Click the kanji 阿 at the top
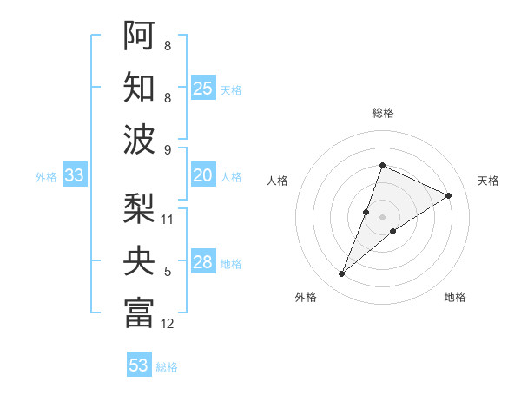[x=139, y=35]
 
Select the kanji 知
[x=139, y=87]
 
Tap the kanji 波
[x=139, y=139]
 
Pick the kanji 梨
[x=139, y=208]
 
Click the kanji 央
[x=139, y=260]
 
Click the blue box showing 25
[x=203, y=88]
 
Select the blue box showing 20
[x=203, y=175]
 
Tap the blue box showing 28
[x=203, y=262]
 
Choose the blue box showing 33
[x=75, y=175]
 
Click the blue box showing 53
[x=139, y=365]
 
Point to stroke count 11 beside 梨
[x=168, y=219]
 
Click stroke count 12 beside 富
[x=168, y=324]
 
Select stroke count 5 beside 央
[x=168, y=272]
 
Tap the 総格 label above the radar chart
[x=383, y=114]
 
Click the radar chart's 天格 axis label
[x=488, y=181]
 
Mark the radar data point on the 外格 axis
[x=342, y=274]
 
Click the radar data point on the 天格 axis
[x=449, y=195]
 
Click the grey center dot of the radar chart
[x=383, y=217]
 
